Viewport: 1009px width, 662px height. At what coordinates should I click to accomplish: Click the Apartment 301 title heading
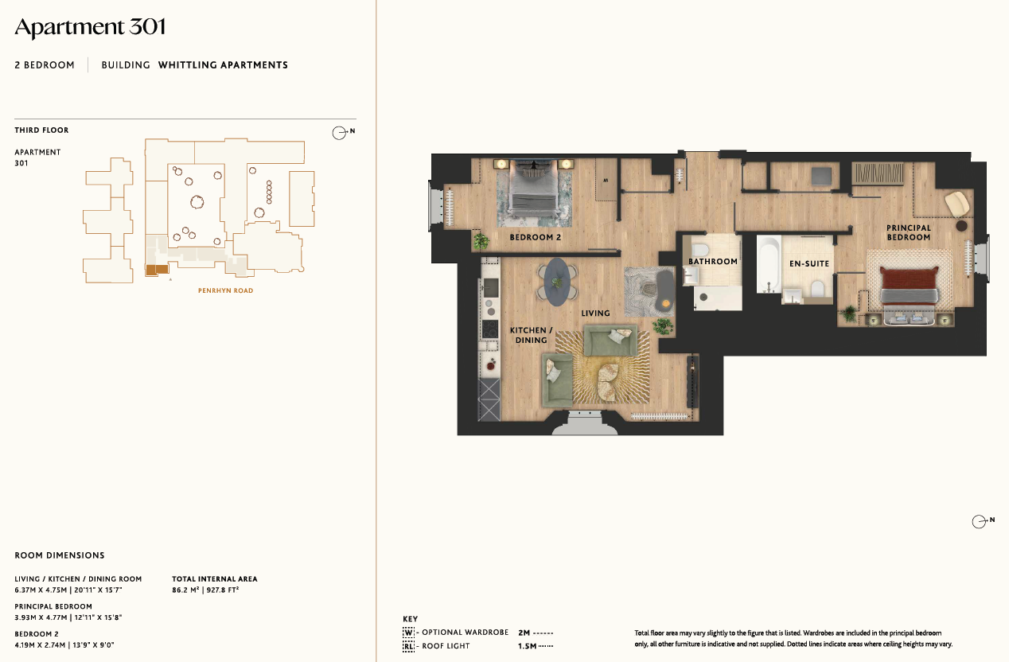(x=90, y=28)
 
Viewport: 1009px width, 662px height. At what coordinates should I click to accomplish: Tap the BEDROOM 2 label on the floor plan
(x=535, y=237)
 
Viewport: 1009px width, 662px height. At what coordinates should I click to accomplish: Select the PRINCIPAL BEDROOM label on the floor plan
(x=908, y=233)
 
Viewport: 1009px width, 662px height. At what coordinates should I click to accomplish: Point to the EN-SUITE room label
(x=809, y=263)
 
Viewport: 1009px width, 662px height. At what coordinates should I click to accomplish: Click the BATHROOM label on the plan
(x=713, y=261)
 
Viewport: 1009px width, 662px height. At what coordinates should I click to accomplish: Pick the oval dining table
(x=557, y=282)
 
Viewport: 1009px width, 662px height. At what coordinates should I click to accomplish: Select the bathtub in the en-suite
(x=769, y=264)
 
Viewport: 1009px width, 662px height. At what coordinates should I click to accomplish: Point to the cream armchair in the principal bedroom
(x=956, y=204)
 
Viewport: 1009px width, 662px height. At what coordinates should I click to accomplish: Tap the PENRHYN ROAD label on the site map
(x=226, y=291)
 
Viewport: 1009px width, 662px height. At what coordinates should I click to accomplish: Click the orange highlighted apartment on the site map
(x=158, y=270)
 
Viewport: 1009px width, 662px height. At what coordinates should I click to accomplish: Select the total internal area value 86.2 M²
(x=185, y=590)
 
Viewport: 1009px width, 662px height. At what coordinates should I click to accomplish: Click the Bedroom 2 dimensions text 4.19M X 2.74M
(x=40, y=644)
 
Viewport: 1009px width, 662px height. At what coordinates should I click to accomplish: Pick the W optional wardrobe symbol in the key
(x=408, y=633)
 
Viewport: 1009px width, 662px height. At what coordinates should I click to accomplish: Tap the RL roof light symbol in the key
(x=408, y=646)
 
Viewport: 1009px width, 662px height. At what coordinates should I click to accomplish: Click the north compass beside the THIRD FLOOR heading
(x=342, y=132)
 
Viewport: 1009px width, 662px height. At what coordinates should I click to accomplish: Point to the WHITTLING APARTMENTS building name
(x=223, y=65)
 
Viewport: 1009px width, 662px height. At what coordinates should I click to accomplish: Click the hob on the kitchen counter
(x=490, y=329)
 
